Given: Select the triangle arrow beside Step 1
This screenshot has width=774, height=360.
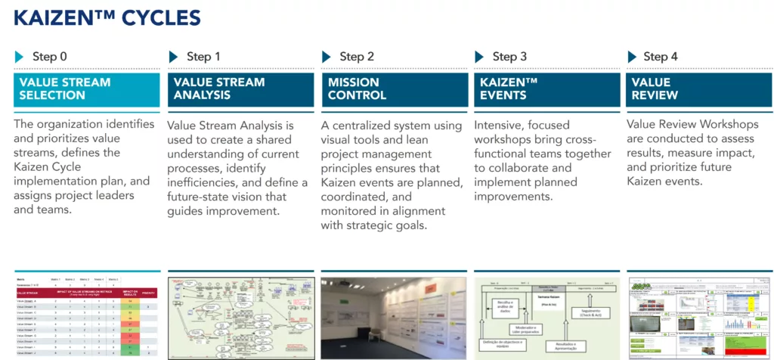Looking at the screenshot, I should point(173,57).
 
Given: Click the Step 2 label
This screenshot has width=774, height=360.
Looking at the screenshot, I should point(357,57).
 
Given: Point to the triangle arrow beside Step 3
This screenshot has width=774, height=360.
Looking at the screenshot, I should point(479,57).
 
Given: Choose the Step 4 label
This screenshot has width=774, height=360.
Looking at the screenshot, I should point(661,57).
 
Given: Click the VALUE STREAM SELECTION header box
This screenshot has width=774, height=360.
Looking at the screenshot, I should point(87,89).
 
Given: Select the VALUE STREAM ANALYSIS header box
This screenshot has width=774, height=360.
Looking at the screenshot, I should point(240,89).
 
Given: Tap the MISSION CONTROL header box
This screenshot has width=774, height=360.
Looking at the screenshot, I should point(392,89).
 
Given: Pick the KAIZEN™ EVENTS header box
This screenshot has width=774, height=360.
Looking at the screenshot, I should point(545,89).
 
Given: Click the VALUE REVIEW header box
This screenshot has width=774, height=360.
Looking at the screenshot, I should point(698,89).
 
